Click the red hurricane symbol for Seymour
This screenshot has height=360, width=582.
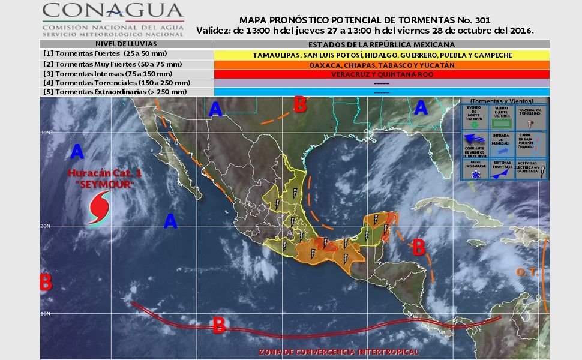[x=98, y=208]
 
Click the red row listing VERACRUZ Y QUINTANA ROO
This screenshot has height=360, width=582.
[x=381, y=74]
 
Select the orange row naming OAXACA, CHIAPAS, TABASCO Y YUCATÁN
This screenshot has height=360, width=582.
[x=381, y=64]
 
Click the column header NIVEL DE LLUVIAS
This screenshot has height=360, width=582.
[x=127, y=44]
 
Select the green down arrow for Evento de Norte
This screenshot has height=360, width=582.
[x=474, y=125]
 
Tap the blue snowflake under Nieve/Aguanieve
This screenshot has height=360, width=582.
[x=474, y=174]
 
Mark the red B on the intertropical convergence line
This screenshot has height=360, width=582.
[x=219, y=325]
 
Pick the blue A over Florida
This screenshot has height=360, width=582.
[x=421, y=108]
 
